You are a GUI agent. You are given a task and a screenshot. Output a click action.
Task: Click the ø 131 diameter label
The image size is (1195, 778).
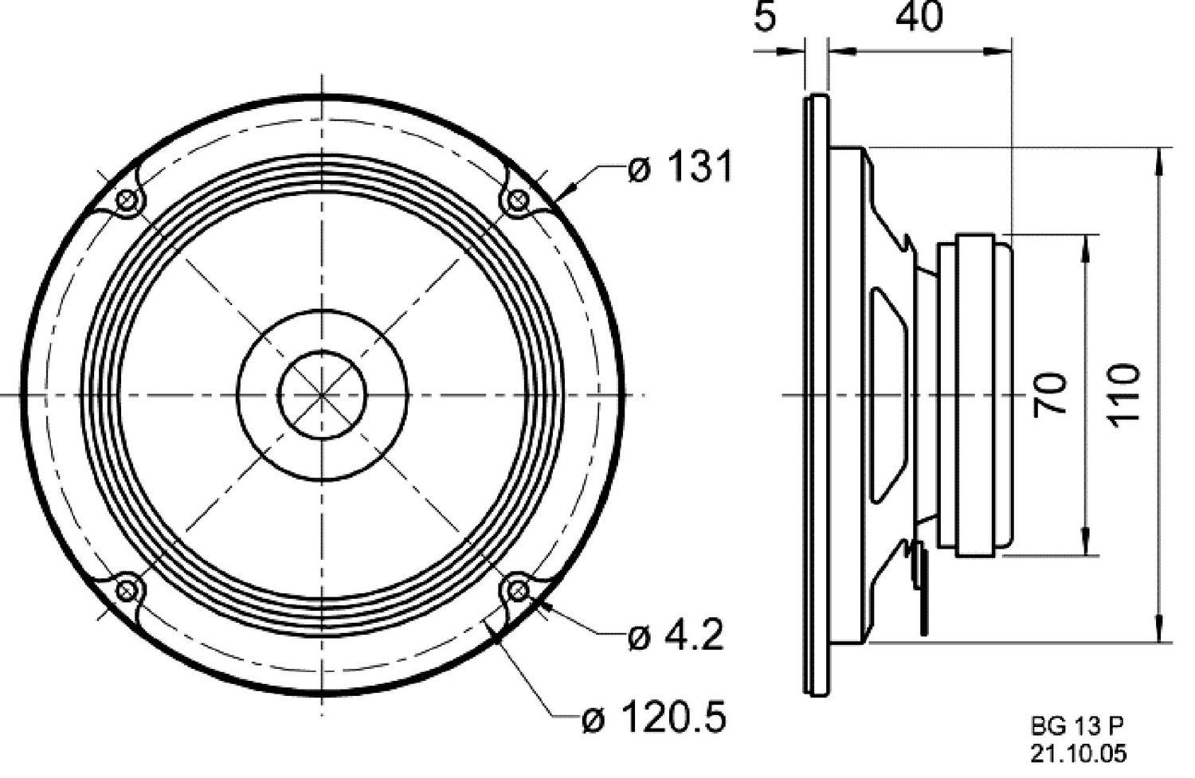(679, 168)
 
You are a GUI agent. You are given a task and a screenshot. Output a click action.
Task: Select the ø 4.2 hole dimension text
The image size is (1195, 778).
(675, 635)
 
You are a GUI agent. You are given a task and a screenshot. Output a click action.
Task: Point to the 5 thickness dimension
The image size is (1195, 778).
(764, 18)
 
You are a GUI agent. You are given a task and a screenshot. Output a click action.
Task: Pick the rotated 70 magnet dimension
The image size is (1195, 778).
(1051, 393)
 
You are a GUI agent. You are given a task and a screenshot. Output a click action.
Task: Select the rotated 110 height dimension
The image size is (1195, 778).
(1124, 393)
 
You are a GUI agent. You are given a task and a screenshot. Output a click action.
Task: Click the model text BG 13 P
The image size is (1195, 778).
(1077, 725)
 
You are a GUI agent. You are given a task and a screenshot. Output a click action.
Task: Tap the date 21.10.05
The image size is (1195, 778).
(1079, 753)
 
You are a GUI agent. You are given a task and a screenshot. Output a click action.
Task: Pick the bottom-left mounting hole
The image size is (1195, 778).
(126, 590)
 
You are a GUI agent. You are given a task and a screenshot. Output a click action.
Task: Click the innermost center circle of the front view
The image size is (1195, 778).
(322, 395)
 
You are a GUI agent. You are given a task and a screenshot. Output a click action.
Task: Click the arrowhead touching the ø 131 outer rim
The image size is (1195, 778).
(566, 190)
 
